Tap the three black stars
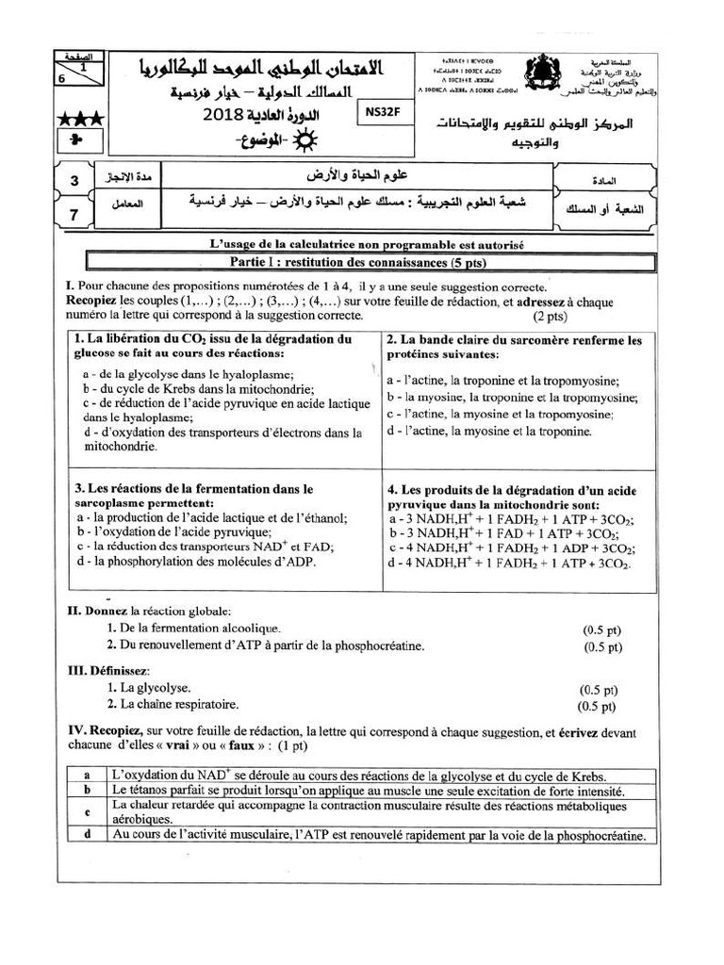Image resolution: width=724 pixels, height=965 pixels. [x=81, y=120]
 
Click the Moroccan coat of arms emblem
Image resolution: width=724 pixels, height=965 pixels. [x=541, y=74]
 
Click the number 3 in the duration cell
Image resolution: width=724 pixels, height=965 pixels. [x=74, y=179]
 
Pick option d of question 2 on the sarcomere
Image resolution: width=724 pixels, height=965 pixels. [x=489, y=431]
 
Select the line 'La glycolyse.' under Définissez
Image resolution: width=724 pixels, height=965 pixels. [x=149, y=688]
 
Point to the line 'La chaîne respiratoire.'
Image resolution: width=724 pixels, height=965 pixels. [x=173, y=704]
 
